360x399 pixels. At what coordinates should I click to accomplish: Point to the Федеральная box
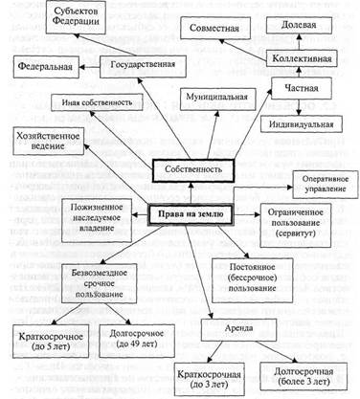(46, 70)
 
